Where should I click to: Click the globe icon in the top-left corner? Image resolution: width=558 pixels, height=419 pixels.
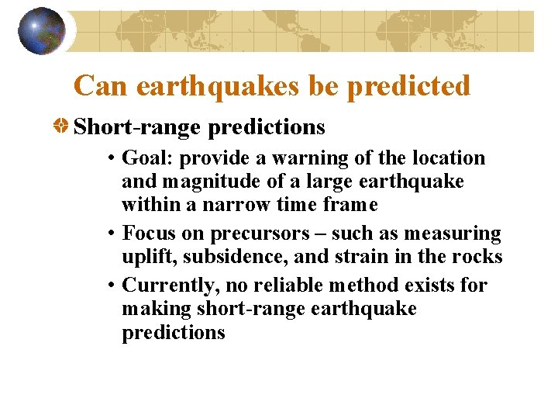[x=42, y=31]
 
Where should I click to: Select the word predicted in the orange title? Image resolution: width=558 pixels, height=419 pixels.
[x=408, y=85]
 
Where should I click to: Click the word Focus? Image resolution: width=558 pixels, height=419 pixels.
[x=148, y=234]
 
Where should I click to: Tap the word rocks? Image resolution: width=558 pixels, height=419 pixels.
[x=480, y=257]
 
